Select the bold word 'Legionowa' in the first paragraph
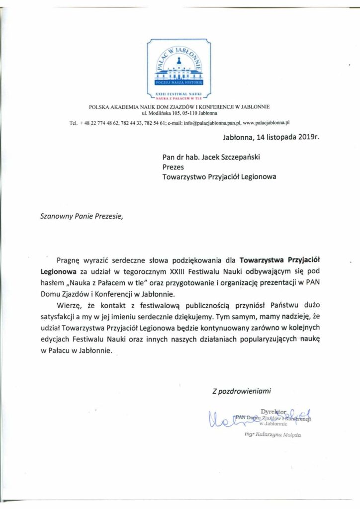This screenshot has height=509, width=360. tap(58, 271)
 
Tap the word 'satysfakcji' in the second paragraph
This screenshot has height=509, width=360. tap(58, 316)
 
